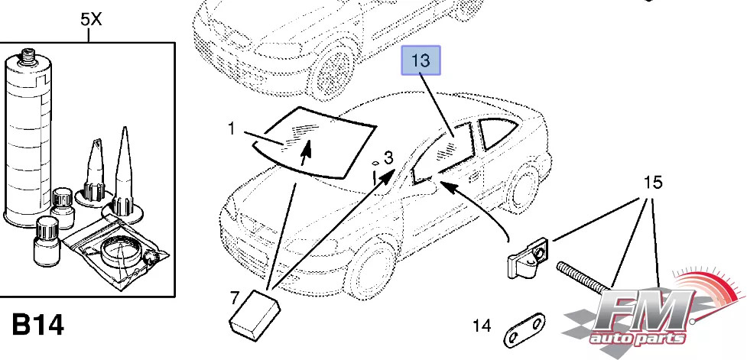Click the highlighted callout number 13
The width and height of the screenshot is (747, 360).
click(x=422, y=60)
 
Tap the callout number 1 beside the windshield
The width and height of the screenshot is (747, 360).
click(x=232, y=129)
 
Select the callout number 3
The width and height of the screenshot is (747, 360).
click(x=388, y=158)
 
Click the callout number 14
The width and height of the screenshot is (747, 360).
click(x=481, y=326)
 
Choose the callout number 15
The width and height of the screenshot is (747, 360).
click(x=652, y=183)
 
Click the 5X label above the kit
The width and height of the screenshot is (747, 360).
click(x=90, y=20)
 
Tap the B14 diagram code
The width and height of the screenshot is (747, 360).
click(x=38, y=325)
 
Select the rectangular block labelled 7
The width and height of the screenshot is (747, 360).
click(x=255, y=314)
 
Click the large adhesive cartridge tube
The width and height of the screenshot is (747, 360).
click(x=28, y=138)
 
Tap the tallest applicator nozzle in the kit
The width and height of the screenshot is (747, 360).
click(x=124, y=172)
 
